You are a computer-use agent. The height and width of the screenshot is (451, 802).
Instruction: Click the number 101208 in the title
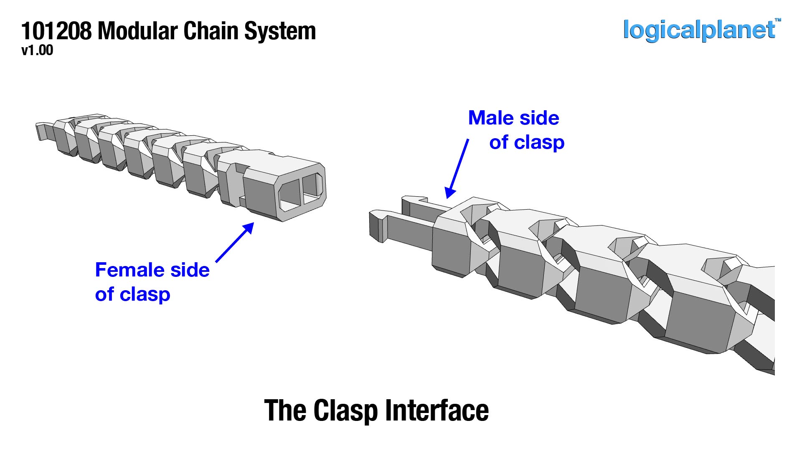[x=56, y=31]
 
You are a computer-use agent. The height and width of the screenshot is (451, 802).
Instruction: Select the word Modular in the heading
[x=139, y=31]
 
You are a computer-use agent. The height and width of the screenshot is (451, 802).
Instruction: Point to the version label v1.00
[x=37, y=51]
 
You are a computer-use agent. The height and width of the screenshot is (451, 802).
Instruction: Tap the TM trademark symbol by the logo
[x=778, y=20]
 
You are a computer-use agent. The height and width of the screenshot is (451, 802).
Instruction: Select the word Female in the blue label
[x=132, y=270]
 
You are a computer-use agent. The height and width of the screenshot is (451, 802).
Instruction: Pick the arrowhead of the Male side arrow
[x=449, y=193]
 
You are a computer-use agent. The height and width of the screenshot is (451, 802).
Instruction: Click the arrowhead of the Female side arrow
[x=249, y=228]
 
